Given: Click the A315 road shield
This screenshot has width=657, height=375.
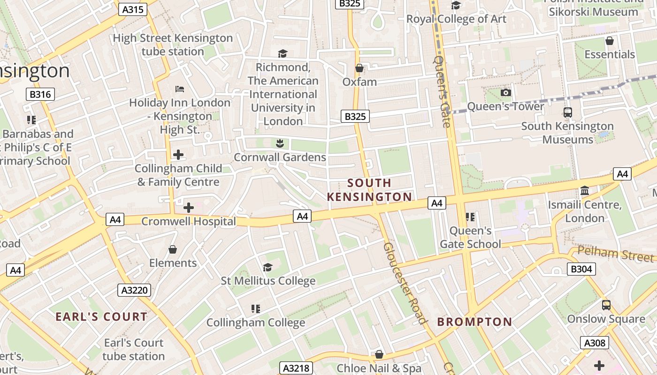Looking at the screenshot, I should coord(132,9).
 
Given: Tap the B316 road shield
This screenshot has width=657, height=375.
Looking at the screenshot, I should coord(40,94).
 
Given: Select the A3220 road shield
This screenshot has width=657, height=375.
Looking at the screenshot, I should coord(135,290).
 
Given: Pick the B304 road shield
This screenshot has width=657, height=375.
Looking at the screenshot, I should coord(581,269).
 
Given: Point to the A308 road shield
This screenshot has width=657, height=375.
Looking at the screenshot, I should coord(595,343).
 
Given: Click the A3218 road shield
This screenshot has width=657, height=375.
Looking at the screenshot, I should coord(297,368).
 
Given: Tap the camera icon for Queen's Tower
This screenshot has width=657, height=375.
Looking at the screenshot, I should coord(505,92).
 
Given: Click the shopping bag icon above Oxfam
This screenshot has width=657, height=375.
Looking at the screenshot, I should coord(359,68).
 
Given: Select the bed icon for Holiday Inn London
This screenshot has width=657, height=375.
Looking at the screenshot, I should coord(179,89).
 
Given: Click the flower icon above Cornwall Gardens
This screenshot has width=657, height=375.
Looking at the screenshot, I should coord(280,143).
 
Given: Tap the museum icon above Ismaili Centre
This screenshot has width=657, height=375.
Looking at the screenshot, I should coord(585,191).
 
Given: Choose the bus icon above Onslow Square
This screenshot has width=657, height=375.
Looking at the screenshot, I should coord(606,305).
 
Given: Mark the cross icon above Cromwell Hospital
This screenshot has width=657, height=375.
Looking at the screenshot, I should coord(189,207).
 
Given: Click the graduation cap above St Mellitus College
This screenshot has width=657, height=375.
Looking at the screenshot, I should coord(268,267).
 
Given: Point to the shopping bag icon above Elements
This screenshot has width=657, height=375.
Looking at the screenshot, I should coord(173,249).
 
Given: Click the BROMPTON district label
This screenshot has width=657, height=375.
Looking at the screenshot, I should coord(474,322).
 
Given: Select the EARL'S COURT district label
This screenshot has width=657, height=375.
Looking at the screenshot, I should coord(101,316).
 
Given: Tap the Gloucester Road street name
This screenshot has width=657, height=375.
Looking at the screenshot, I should coord(404,283).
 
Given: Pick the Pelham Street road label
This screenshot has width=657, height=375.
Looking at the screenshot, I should coord(615,254).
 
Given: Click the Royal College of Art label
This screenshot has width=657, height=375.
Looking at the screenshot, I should coord(456,19).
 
